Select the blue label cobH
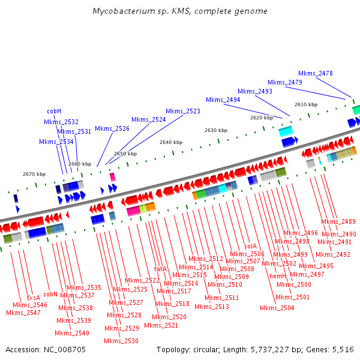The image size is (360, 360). [x=55, y=111]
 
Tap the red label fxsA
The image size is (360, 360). [x=34, y=298]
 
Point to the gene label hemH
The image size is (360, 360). [x=277, y=276]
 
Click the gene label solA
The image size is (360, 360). [x=250, y=245]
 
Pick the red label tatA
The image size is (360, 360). [x=160, y=269]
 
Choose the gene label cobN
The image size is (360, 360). [x=50, y=294]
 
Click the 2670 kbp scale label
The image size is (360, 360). [x=34, y=174]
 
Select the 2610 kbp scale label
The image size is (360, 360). [x=305, y=104]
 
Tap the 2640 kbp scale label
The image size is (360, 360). [x=170, y=142]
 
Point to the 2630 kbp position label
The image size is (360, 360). [x=216, y=130]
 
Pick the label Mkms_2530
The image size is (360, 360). [x=121, y=341]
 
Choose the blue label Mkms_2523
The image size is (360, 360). [x=183, y=111]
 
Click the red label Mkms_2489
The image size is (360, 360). [x=338, y=221]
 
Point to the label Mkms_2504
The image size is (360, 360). [x=277, y=308]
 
